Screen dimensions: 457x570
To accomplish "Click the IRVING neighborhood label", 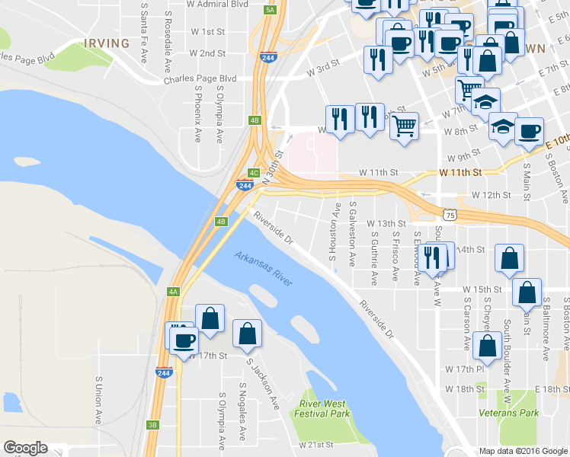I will point(107,43).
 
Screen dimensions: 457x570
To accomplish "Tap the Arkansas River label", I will point(264,269).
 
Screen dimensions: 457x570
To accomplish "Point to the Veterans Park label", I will point(508,412).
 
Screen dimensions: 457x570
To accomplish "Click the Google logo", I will point(25,448).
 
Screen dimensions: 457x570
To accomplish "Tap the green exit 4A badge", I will point(173,292).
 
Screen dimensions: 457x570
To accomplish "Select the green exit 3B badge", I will point(152,425).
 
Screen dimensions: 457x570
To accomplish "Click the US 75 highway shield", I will point(451,216).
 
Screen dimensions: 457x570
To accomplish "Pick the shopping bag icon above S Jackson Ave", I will point(248,334).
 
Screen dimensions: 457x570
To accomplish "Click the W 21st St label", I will point(316,444).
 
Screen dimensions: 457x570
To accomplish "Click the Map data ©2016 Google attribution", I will point(523,450).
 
